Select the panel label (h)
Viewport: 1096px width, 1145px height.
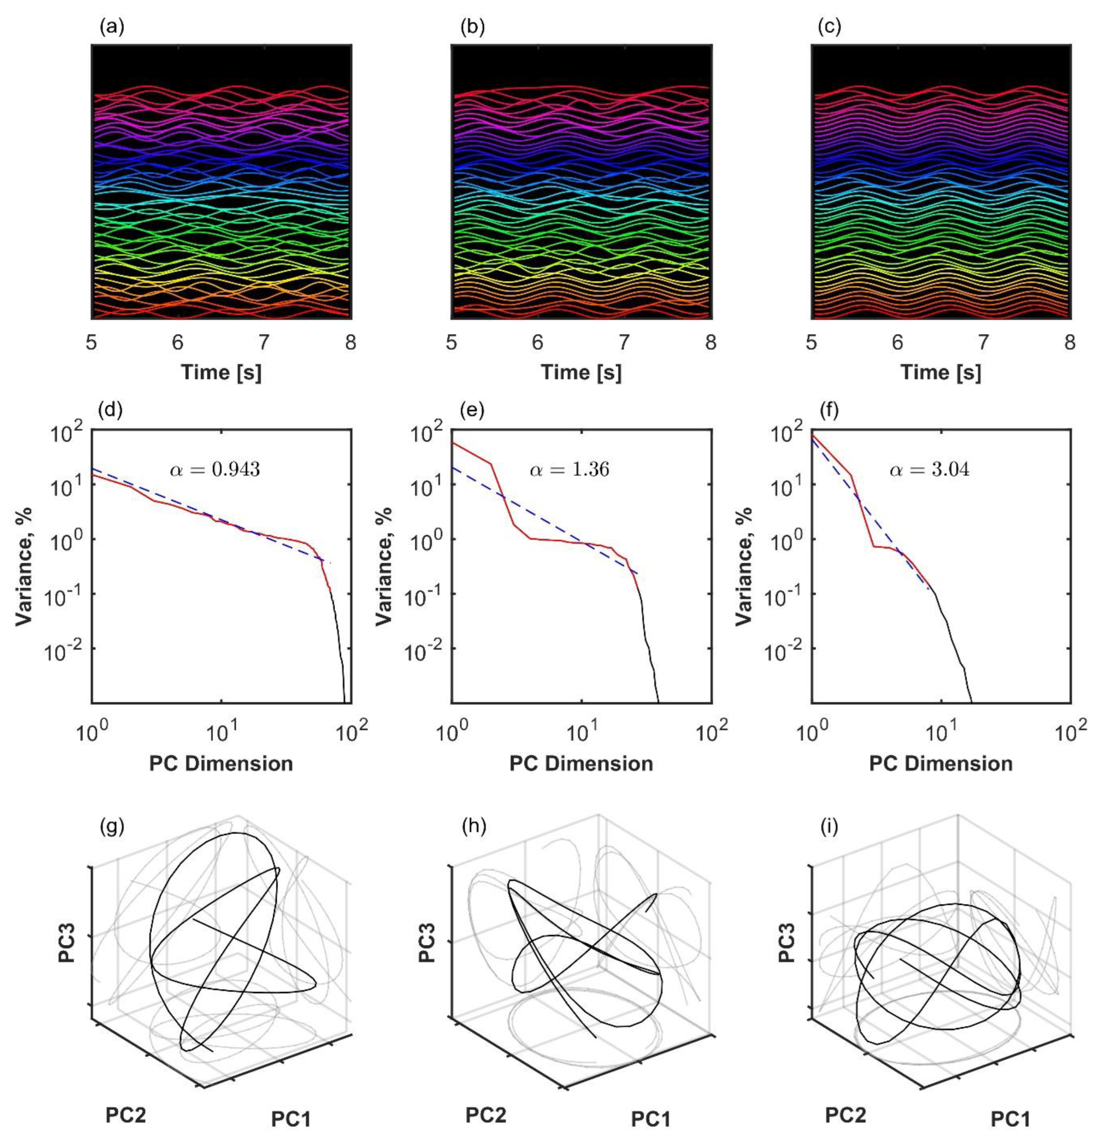click(473, 827)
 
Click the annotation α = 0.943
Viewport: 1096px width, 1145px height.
click(215, 469)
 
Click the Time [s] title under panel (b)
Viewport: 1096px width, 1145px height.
click(581, 372)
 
